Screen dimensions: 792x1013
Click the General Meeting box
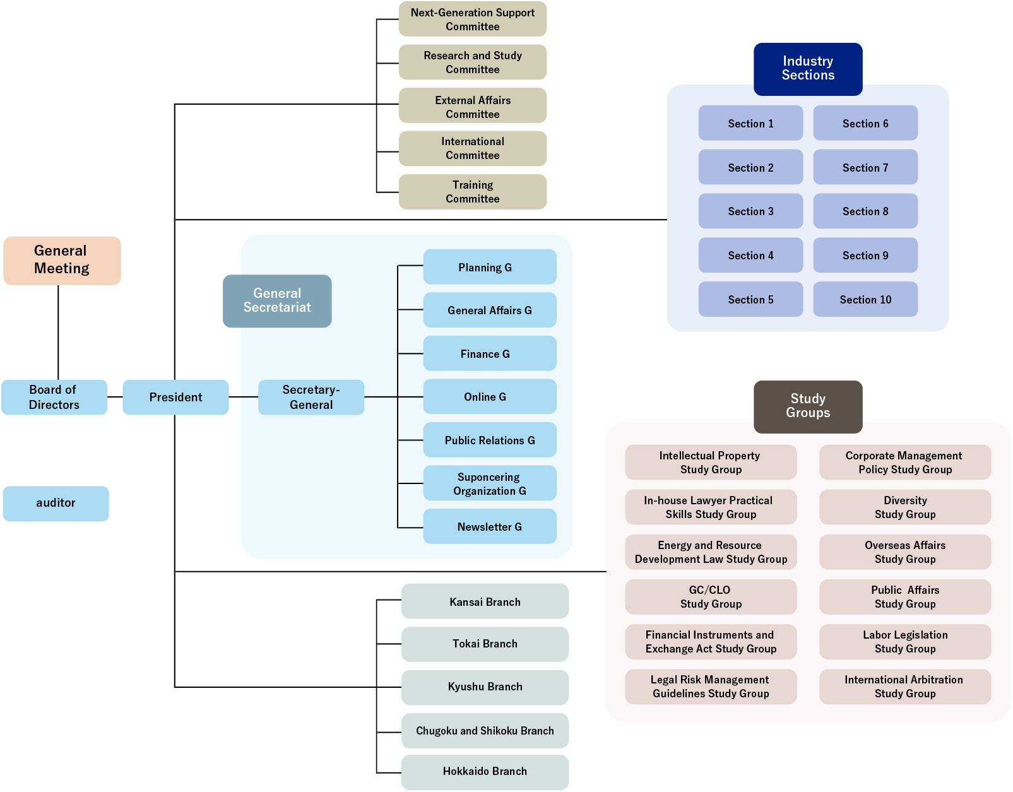pyautogui.click(x=62, y=260)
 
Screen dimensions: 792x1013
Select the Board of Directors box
pyautogui.click(x=54, y=397)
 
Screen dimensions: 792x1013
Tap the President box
pyautogui.click(x=175, y=397)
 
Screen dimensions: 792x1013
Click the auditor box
pyautogui.click(x=56, y=503)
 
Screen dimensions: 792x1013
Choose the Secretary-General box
pyautogui.click(x=311, y=397)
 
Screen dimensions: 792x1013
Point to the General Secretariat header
pyautogui.click(x=277, y=300)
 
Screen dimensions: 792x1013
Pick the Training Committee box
pyautogui.click(x=473, y=192)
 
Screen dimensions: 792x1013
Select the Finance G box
pyautogui.click(x=490, y=353)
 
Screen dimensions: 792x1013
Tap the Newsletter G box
pyautogui.click(x=490, y=526)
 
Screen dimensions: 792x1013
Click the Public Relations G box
pyautogui.click(x=490, y=440)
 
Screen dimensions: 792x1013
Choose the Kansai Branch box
pyautogui.click(x=485, y=601)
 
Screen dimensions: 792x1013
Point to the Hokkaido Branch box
pyautogui.click(x=485, y=771)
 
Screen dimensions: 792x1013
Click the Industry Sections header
pyautogui.click(x=808, y=69)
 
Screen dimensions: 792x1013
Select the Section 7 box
pyautogui.click(x=865, y=167)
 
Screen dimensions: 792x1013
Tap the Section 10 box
pyautogui.click(x=865, y=299)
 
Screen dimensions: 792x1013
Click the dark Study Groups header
pyautogui.click(x=808, y=406)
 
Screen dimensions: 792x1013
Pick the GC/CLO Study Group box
pyautogui.click(x=711, y=596)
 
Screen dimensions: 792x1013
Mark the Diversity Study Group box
pyautogui.click(x=905, y=507)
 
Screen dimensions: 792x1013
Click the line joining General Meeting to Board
pyautogui.click(x=58, y=332)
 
